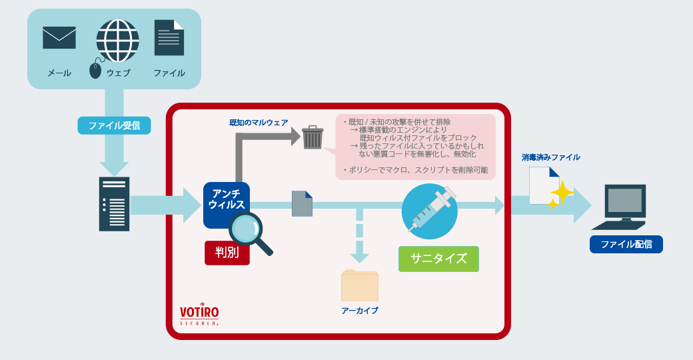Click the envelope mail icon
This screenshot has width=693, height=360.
pos(59,37)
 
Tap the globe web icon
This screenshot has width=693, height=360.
pos(117,41)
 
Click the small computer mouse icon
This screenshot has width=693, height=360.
pos(95,70)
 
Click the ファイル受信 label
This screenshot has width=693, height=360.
pos(114,125)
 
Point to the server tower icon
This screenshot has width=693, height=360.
pos(114,204)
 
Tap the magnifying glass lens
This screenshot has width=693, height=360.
pos(245,229)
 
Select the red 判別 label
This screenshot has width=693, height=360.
pos(227,253)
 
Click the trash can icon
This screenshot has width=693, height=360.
pos(313,137)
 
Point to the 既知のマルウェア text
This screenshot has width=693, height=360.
pos(259,123)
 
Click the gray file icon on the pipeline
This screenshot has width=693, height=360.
pos(303,204)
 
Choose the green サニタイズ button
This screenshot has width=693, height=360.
pos(438,259)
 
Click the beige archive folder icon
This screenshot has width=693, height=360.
pos(360,285)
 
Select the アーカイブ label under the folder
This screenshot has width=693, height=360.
pos(360,311)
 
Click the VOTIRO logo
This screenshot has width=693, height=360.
pos(199,314)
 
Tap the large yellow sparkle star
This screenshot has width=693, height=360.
pos(562,192)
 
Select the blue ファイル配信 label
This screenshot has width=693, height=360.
pos(626,244)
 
